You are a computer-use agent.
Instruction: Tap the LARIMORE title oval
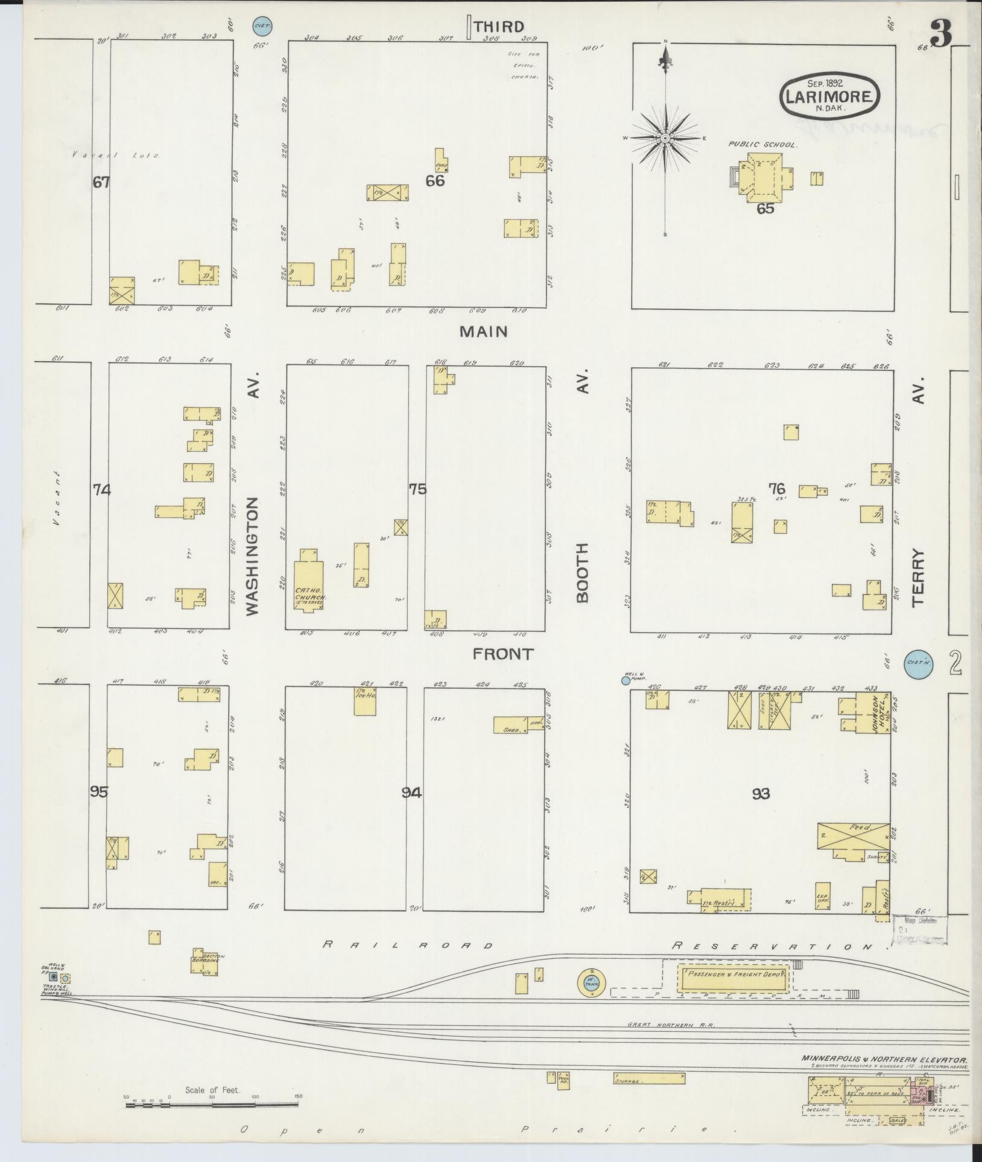pyautogui.click(x=829, y=95)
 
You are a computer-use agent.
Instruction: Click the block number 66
pyautogui.click(x=435, y=180)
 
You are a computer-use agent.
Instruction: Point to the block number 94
pyautogui.click(x=411, y=792)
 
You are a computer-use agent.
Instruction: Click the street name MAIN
pyautogui.click(x=483, y=331)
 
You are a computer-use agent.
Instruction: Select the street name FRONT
pyautogui.click(x=503, y=654)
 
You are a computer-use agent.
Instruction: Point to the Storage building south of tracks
pyautogui.click(x=649, y=1078)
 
